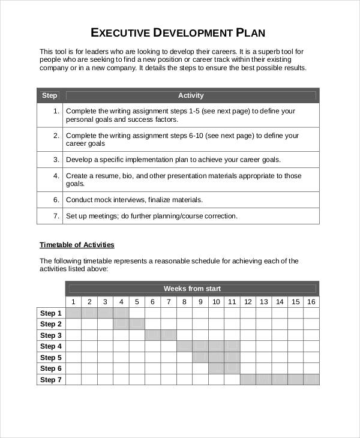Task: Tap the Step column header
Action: (49, 95)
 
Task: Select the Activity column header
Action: (191, 95)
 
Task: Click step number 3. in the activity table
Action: (56, 160)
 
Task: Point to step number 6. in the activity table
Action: (56, 200)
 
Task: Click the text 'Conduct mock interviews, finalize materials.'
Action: (134, 200)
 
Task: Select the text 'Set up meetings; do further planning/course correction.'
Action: (151, 216)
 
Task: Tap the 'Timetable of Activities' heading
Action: (77, 245)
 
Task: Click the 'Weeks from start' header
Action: (192, 289)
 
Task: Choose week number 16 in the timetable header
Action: (311, 302)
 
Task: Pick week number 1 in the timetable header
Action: (73, 302)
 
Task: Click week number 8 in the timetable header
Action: (184, 302)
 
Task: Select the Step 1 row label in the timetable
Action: (51, 313)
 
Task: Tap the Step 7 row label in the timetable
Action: (51, 380)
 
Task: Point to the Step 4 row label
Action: (51, 346)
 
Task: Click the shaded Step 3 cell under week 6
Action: (152, 335)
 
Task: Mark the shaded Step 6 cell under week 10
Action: (216, 368)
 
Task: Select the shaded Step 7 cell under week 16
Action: (311, 380)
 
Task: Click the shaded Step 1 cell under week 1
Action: (73, 313)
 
